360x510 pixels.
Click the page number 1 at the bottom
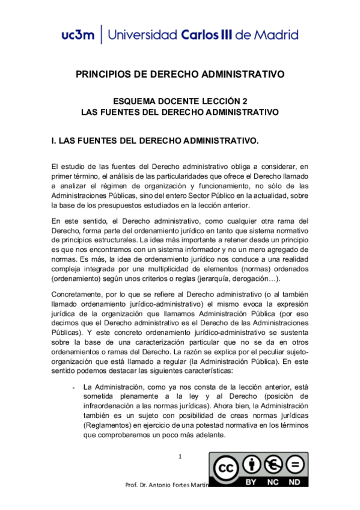[180, 458]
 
